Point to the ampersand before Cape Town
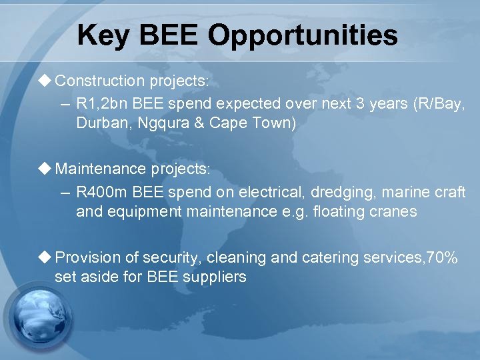pyautogui.click(x=199, y=123)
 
